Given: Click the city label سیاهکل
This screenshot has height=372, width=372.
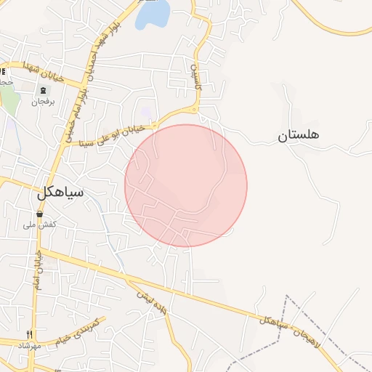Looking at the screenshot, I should (60, 193).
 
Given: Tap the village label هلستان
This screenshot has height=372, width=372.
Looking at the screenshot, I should (298, 135).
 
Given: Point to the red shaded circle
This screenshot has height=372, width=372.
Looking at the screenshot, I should (186, 185).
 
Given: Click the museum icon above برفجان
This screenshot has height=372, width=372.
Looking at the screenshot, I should (43, 90).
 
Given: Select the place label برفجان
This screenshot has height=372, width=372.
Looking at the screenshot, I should (43, 102).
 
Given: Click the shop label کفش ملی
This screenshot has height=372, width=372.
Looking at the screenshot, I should (39, 226).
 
